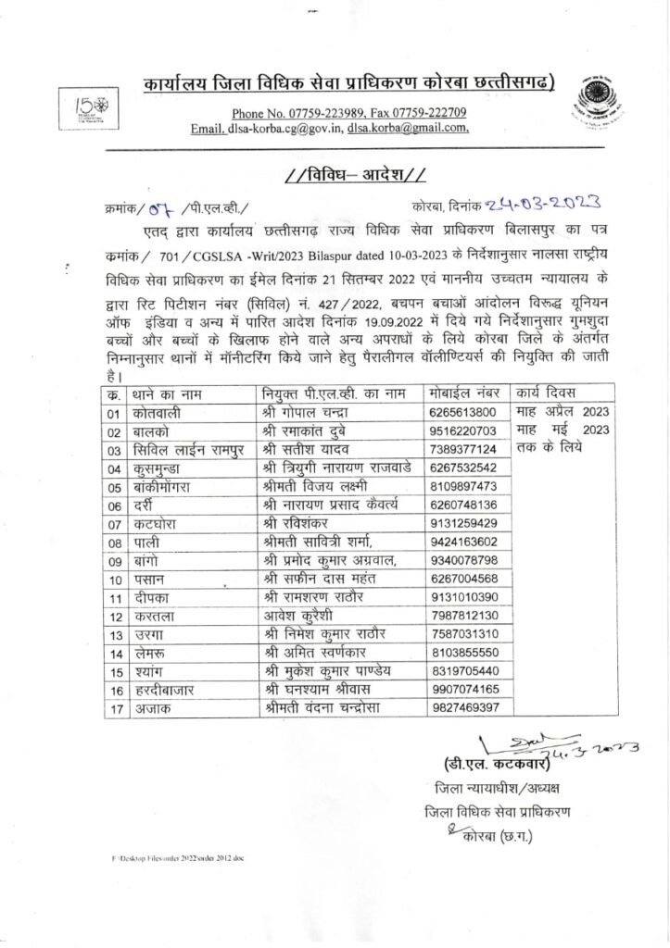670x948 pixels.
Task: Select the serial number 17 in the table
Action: (115, 708)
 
